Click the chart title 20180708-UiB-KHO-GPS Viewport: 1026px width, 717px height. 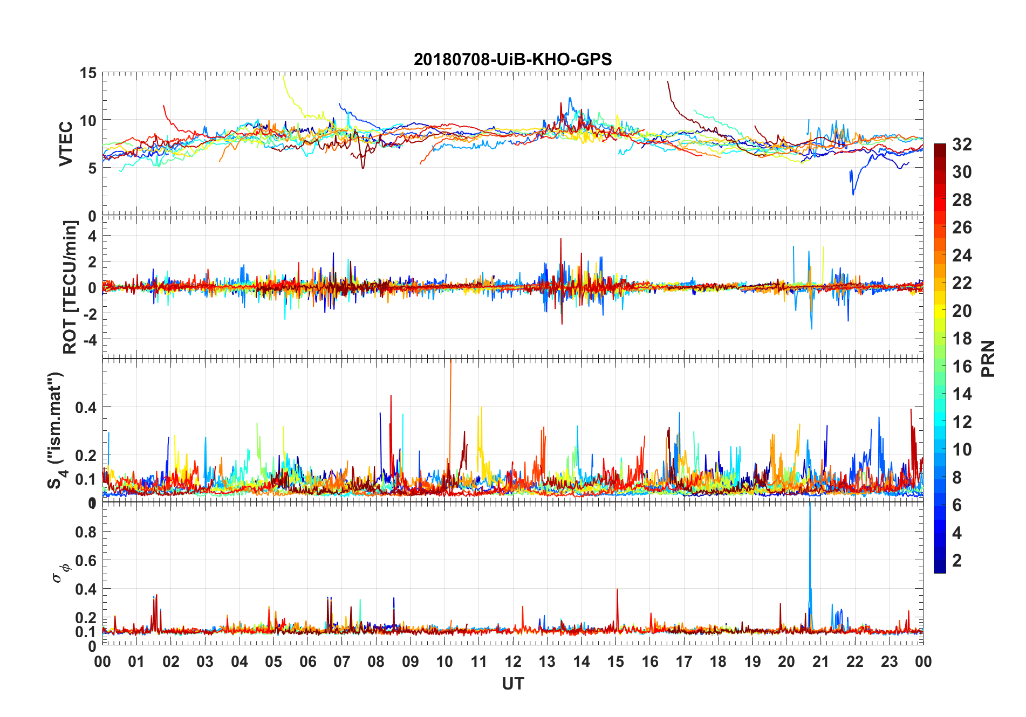512,59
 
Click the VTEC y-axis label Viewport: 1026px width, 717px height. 66,144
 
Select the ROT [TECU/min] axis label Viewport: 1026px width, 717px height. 70,287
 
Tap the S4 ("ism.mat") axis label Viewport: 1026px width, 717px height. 56,430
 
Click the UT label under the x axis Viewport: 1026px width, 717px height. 512,684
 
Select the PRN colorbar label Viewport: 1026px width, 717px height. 988,358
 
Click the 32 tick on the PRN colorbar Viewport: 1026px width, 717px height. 962,144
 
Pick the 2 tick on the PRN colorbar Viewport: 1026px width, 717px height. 957,561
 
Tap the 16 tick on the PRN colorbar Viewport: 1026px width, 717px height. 962,367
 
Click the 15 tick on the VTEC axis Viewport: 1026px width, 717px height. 88,73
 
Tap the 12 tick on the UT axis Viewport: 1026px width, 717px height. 513,661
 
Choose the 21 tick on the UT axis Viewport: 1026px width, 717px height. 820,661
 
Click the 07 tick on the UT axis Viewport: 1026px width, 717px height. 342,661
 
